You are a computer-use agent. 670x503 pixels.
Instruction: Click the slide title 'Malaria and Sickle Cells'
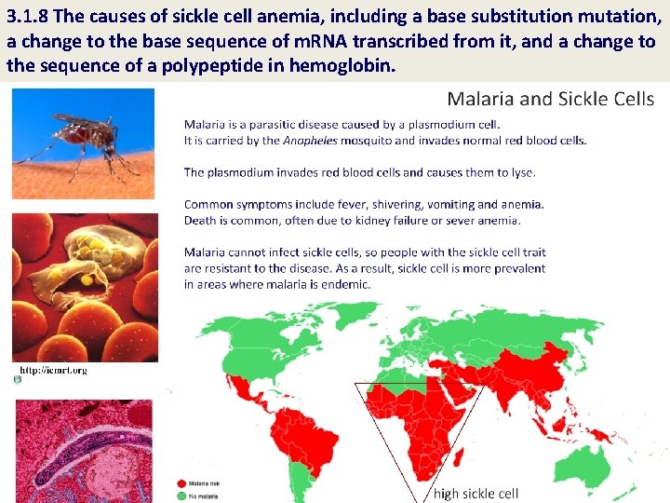(x=550, y=99)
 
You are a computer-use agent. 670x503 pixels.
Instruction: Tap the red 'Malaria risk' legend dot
(x=181, y=483)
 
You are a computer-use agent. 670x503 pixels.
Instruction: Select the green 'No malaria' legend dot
(x=181, y=496)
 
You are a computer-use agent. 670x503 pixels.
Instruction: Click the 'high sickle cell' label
(x=476, y=494)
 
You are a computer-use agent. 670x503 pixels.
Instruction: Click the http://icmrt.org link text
(x=53, y=370)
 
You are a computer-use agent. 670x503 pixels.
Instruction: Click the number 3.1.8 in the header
(x=31, y=18)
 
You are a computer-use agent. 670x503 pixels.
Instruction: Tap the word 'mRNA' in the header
(x=334, y=42)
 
